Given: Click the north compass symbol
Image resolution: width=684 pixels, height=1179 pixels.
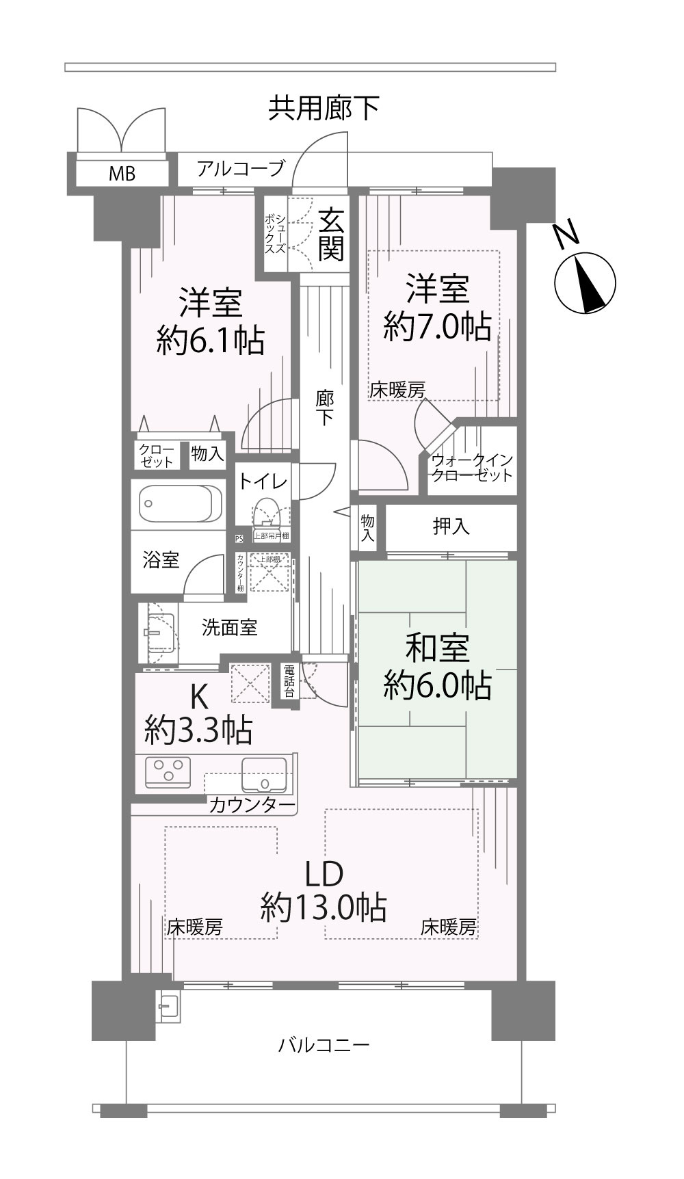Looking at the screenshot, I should point(584,282).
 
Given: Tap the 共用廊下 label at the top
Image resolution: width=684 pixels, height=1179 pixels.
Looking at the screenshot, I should point(323,108).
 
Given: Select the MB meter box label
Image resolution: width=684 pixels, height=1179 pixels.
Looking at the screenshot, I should point(122,174).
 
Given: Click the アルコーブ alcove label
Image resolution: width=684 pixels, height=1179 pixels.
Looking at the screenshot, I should point(240,168).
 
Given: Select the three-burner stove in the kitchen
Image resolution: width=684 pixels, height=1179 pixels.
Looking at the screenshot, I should point(168,770).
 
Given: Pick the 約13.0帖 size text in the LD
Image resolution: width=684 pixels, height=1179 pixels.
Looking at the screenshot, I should point(323,908).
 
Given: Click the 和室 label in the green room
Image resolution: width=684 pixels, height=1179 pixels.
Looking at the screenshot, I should point(437,648).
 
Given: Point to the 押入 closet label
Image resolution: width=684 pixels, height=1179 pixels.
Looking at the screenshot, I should point(451,527).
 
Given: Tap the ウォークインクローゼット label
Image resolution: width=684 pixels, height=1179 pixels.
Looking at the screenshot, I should point(472,468).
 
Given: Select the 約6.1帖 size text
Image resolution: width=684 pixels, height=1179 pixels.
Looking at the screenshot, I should point(210,339).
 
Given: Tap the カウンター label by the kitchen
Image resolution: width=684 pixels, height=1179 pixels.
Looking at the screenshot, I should point(252,805).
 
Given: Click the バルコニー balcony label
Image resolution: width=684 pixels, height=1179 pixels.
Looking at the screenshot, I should point(324,1045).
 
